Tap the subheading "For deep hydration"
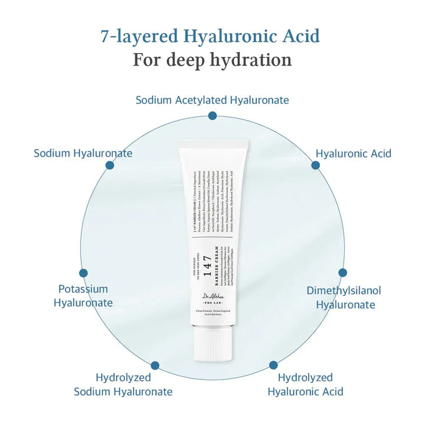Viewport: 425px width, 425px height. pos(212,60)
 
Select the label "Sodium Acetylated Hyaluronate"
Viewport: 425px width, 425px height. pos(212,100)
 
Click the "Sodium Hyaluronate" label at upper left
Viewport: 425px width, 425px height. pos(83,153)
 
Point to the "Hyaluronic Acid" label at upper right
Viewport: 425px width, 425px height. pos(353,153)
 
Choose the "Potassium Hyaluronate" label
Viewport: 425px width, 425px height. pos(83,296)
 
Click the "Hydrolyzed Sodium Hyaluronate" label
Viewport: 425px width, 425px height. pos(123,384)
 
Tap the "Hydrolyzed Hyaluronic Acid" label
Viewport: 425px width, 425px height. pos(305,384)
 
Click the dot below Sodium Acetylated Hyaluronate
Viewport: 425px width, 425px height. pos(212,116)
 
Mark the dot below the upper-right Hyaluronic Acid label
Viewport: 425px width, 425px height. pos(316,165)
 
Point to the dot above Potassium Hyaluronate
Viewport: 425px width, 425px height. pos(83,273)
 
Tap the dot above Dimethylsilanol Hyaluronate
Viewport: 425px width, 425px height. pos(342,273)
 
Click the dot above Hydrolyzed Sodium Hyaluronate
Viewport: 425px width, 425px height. pos(155,365)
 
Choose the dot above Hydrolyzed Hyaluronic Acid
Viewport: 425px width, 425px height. pos(273,365)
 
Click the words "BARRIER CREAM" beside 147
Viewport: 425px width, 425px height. pos(218,257)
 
